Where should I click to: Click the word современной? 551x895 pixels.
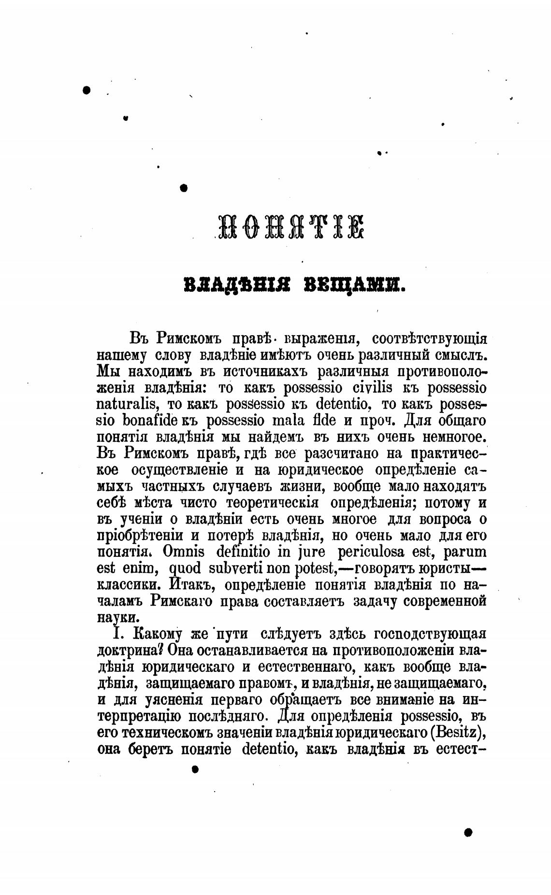(444, 602)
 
